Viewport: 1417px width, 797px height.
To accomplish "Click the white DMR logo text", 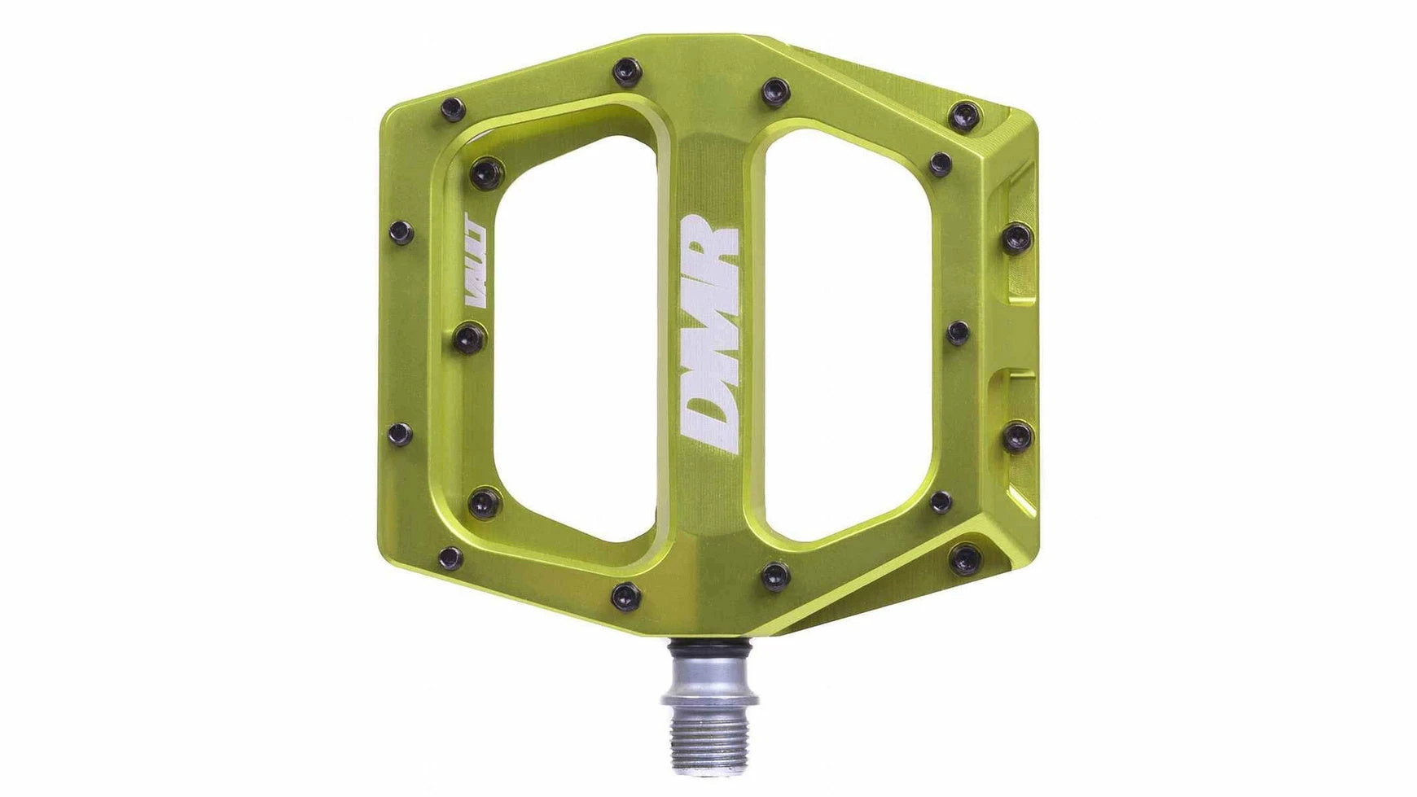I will (x=708, y=334).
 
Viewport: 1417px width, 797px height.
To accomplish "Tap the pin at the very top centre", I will (x=625, y=71).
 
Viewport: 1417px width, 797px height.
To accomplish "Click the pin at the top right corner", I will (x=967, y=113).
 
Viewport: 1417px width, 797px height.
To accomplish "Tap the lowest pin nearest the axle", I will (x=625, y=595).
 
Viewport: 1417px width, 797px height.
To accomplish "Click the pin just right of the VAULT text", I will (x=468, y=336).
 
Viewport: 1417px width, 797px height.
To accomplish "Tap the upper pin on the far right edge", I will (x=1017, y=238).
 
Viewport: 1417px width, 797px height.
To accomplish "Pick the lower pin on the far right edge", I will (x=1017, y=436).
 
